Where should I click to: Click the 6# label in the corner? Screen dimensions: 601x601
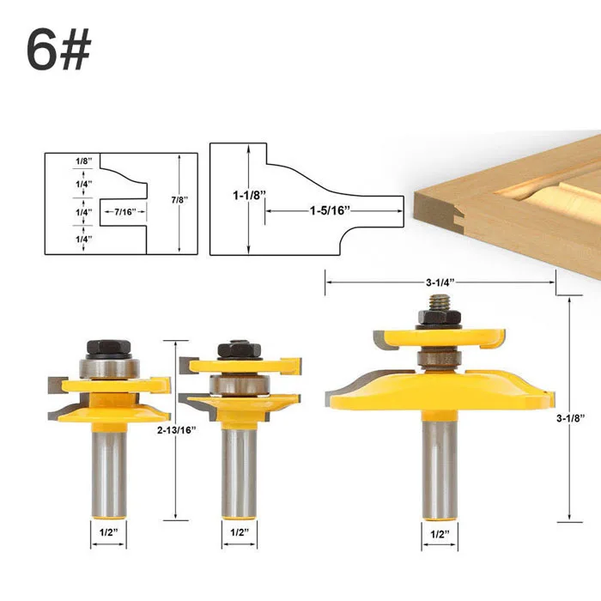pyautogui.click(x=58, y=50)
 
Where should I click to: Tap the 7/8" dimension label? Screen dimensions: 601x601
pyautogui.click(x=179, y=200)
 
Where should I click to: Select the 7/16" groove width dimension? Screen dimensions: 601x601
pyautogui.click(x=125, y=211)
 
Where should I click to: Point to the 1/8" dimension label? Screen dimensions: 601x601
pyautogui.click(x=83, y=161)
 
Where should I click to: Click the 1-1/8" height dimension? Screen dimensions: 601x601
pyautogui.click(x=249, y=196)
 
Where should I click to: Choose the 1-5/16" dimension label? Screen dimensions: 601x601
pyautogui.click(x=331, y=210)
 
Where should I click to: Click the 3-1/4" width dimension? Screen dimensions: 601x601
pyautogui.click(x=440, y=282)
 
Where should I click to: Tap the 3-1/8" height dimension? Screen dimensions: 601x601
pyautogui.click(x=571, y=418)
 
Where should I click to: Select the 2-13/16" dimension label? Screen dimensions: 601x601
pyautogui.click(x=177, y=430)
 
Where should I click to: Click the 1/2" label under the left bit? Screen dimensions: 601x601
pyautogui.click(x=108, y=532)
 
